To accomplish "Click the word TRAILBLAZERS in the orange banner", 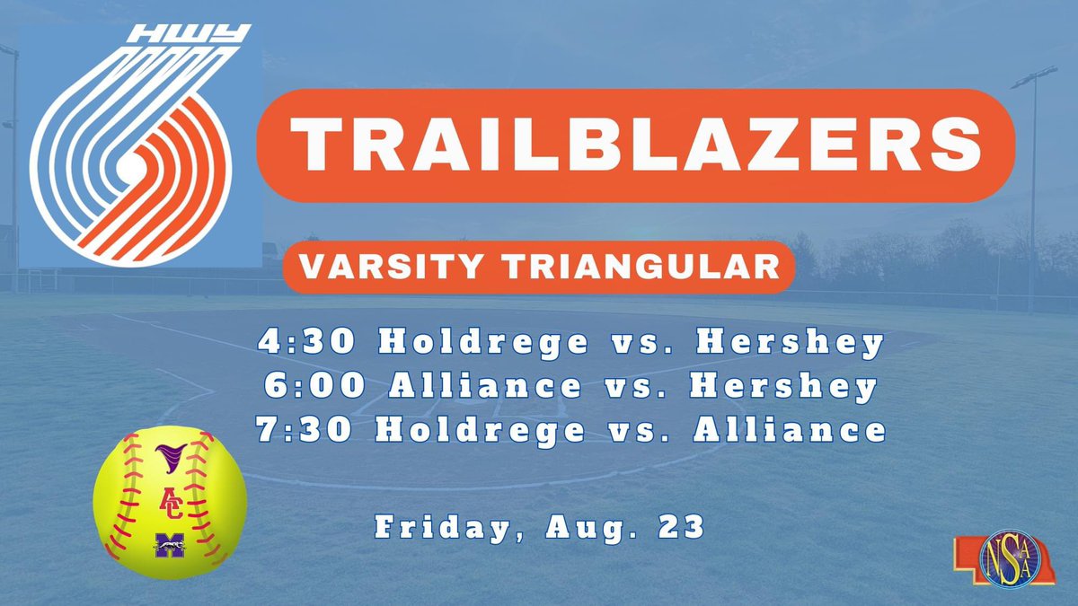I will pyautogui.click(x=635, y=145).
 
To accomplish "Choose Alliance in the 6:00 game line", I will pyautogui.click(x=486, y=386).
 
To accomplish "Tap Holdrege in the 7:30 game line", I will pyautogui.click(x=479, y=429).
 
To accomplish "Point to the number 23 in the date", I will pyautogui.click(x=684, y=527).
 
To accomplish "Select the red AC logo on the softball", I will pyautogui.click(x=169, y=501).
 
